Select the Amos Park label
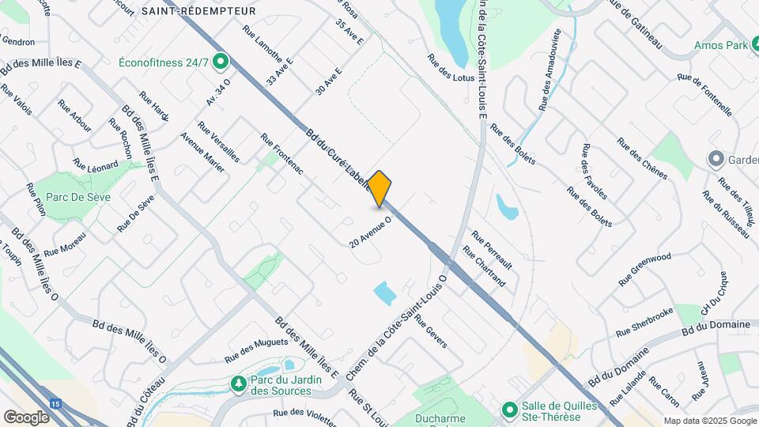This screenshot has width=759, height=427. coord(720,45)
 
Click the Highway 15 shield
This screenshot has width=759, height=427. coord(55,404)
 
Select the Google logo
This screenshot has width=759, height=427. coord(26,417)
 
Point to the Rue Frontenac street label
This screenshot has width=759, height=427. coord(282,153)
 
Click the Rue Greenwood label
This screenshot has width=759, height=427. coord(644,269)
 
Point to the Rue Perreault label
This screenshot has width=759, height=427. coord(492,249)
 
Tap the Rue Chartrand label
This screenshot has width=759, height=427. coord(484,271)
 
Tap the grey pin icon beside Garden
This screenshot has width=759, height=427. coord(717,159)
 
